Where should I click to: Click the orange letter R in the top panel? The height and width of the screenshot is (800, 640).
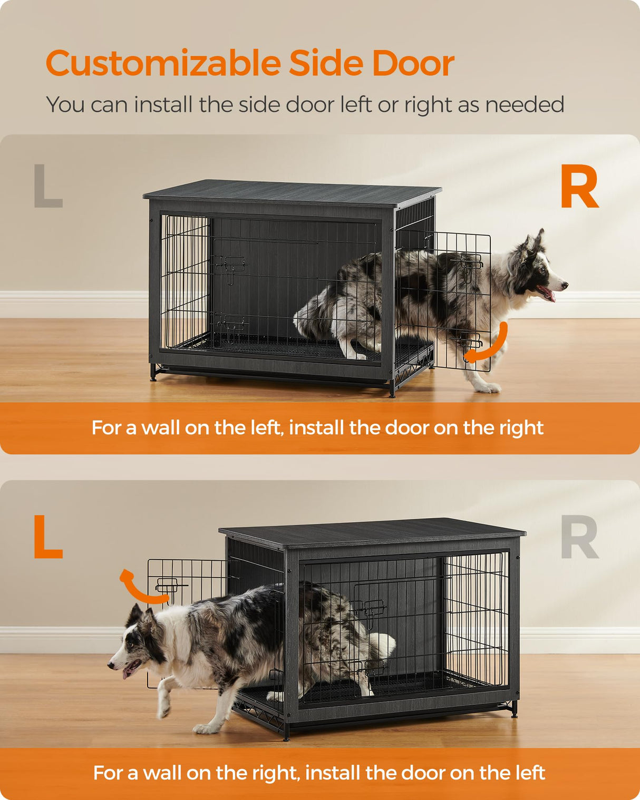point(579,187)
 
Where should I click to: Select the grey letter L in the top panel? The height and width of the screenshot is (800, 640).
point(47,186)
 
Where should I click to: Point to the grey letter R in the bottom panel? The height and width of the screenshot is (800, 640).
point(579,538)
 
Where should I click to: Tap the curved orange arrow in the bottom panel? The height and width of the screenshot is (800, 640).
point(140,588)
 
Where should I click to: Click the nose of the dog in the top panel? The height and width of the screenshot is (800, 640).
point(565,285)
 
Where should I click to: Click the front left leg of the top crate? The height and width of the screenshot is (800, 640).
point(153,373)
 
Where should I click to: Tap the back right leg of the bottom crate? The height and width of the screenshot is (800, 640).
point(514,709)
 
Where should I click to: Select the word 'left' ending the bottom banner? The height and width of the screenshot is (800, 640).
point(530,773)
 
